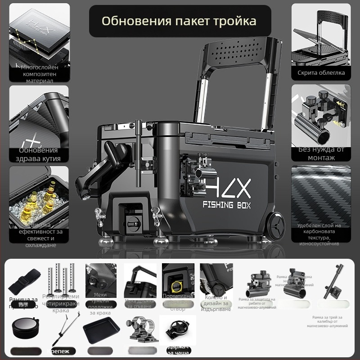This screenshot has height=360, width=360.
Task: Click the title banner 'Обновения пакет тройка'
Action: (x=179, y=21)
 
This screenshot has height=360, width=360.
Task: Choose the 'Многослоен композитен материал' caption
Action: (x=39, y=73)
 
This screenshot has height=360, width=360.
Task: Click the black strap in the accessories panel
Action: (x=23, y=281)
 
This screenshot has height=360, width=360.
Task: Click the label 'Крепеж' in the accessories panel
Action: (x=58, y=351)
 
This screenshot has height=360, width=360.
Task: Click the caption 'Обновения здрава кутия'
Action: (x=39, y=154)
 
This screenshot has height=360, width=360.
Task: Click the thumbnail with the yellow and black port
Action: (x=178, y=281)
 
